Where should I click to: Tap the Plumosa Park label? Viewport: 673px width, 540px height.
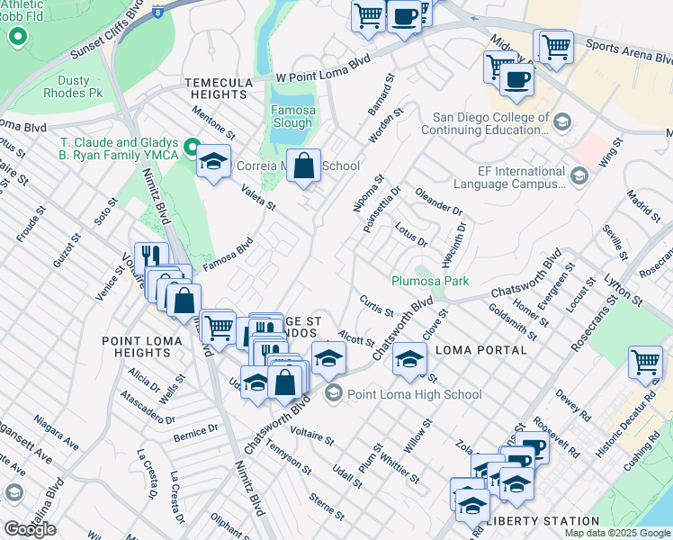pos(430,281)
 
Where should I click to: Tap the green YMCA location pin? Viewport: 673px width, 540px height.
pos(191,147)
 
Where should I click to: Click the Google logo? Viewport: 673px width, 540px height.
pos(30,529)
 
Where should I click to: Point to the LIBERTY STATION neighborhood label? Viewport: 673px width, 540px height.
pos(543,521)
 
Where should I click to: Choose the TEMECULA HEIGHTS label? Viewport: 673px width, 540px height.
pos(219,88)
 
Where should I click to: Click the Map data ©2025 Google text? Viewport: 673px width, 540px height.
pos(616,532)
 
